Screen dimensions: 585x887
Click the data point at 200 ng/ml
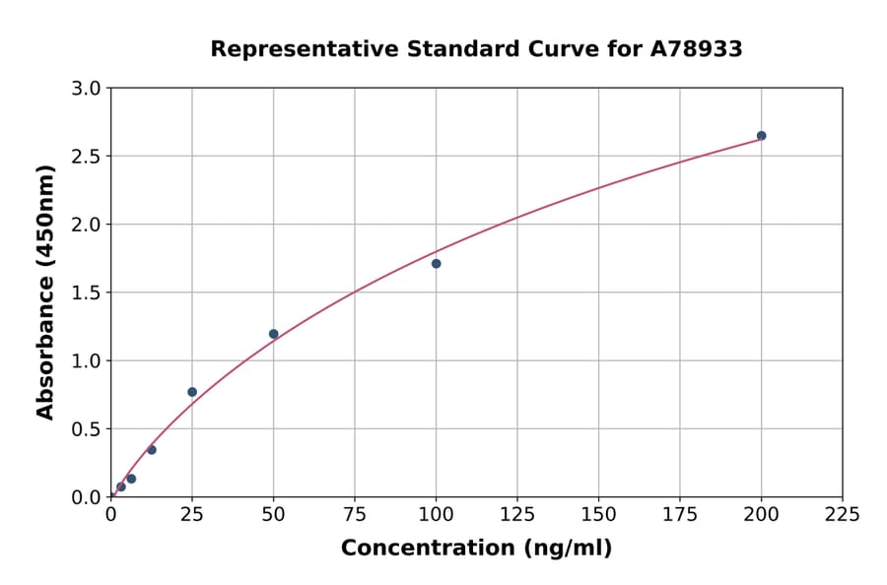point(761,136)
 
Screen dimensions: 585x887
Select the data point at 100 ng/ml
point(436,264)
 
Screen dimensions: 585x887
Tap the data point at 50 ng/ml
point(273,334)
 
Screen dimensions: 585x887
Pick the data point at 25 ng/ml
point(192,392)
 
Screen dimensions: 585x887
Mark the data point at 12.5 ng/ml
point(152,450)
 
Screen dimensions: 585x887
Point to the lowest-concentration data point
point(121,487)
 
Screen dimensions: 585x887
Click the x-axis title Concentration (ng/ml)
point(476,549)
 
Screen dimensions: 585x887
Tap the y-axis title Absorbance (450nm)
point(45,292)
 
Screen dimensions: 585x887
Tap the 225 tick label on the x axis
point(843,515)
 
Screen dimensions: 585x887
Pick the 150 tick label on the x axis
point(598,515)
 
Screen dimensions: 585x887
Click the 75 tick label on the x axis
point(355,515)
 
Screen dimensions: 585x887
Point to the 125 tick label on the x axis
point(517,515)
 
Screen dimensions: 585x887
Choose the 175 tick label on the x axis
point(680,515)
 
